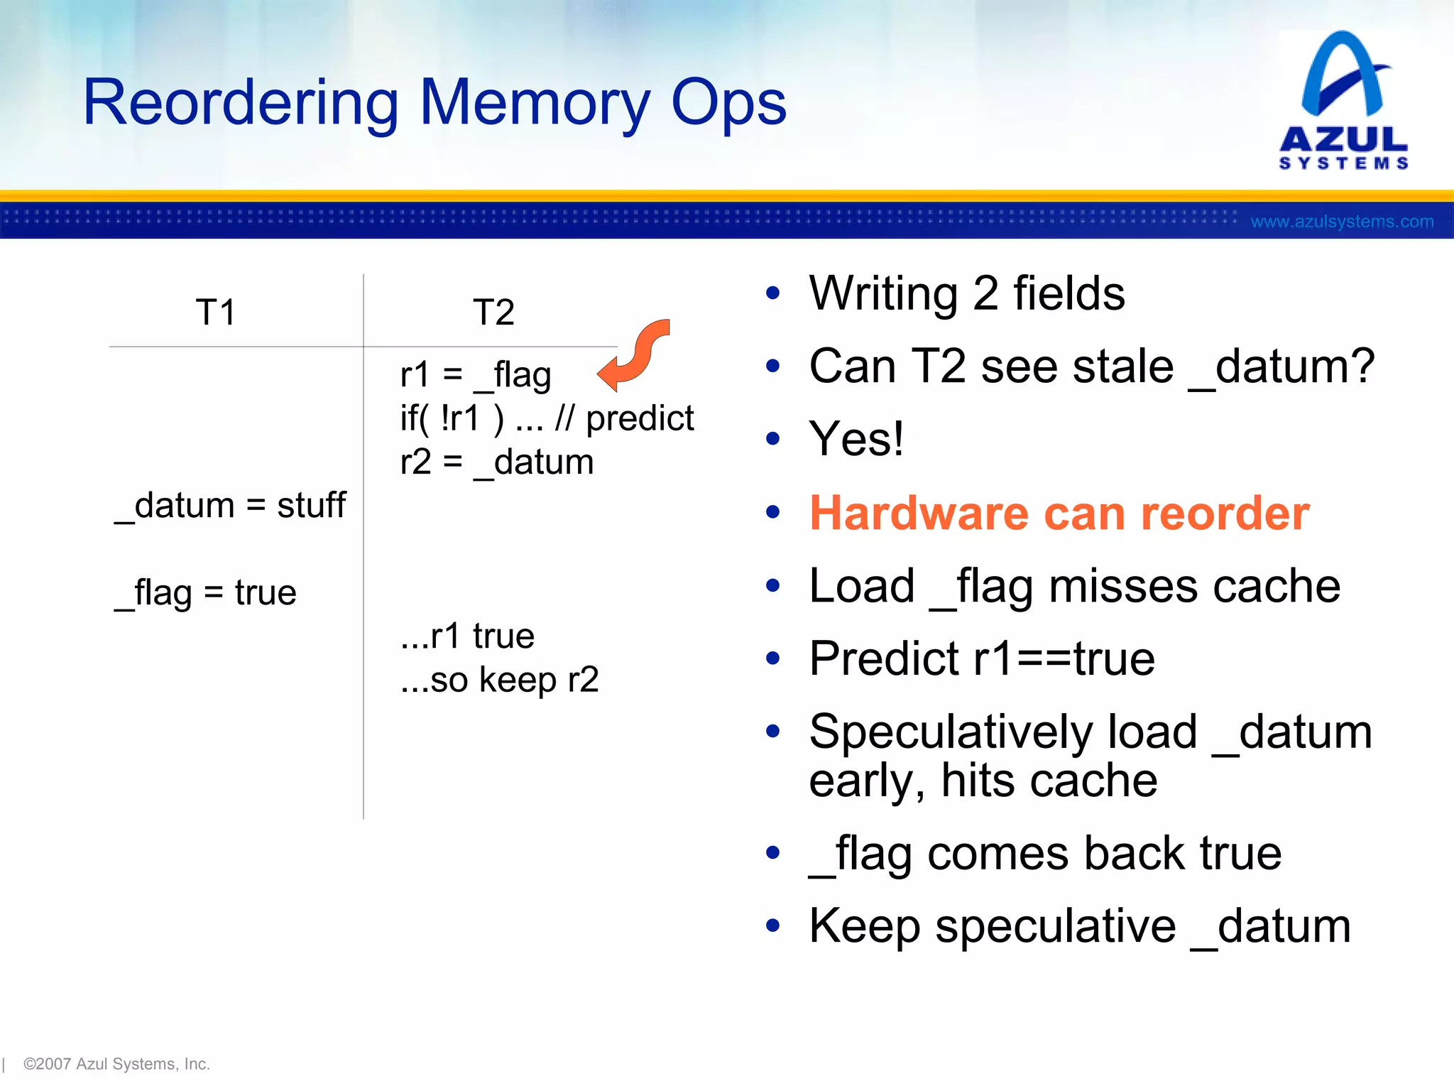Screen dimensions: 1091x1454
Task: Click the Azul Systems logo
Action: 1343,99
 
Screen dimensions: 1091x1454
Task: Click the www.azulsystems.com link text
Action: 1342,222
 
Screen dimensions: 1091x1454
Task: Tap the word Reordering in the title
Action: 241,104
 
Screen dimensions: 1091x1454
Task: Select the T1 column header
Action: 215,312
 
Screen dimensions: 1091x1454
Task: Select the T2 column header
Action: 493,312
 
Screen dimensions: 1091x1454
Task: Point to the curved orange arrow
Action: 635,355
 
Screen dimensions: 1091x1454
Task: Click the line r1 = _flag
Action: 476,375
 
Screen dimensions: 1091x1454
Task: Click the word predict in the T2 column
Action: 640,418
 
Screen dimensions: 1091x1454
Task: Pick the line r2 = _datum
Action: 497,462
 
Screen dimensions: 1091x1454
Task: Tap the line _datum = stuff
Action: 231,506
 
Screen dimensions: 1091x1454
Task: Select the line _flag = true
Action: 206,593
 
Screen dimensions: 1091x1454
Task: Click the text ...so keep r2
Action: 500,680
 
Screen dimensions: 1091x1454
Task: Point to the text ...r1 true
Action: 467,636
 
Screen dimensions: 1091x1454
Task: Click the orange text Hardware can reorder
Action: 1059,513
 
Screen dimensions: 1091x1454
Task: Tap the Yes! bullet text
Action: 856,439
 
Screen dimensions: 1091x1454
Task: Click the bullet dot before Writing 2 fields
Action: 773,293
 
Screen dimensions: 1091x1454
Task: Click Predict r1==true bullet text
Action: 982,658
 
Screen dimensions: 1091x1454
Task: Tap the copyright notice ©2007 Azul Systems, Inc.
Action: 116,1064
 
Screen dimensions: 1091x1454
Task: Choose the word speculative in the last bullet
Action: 1056,926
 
